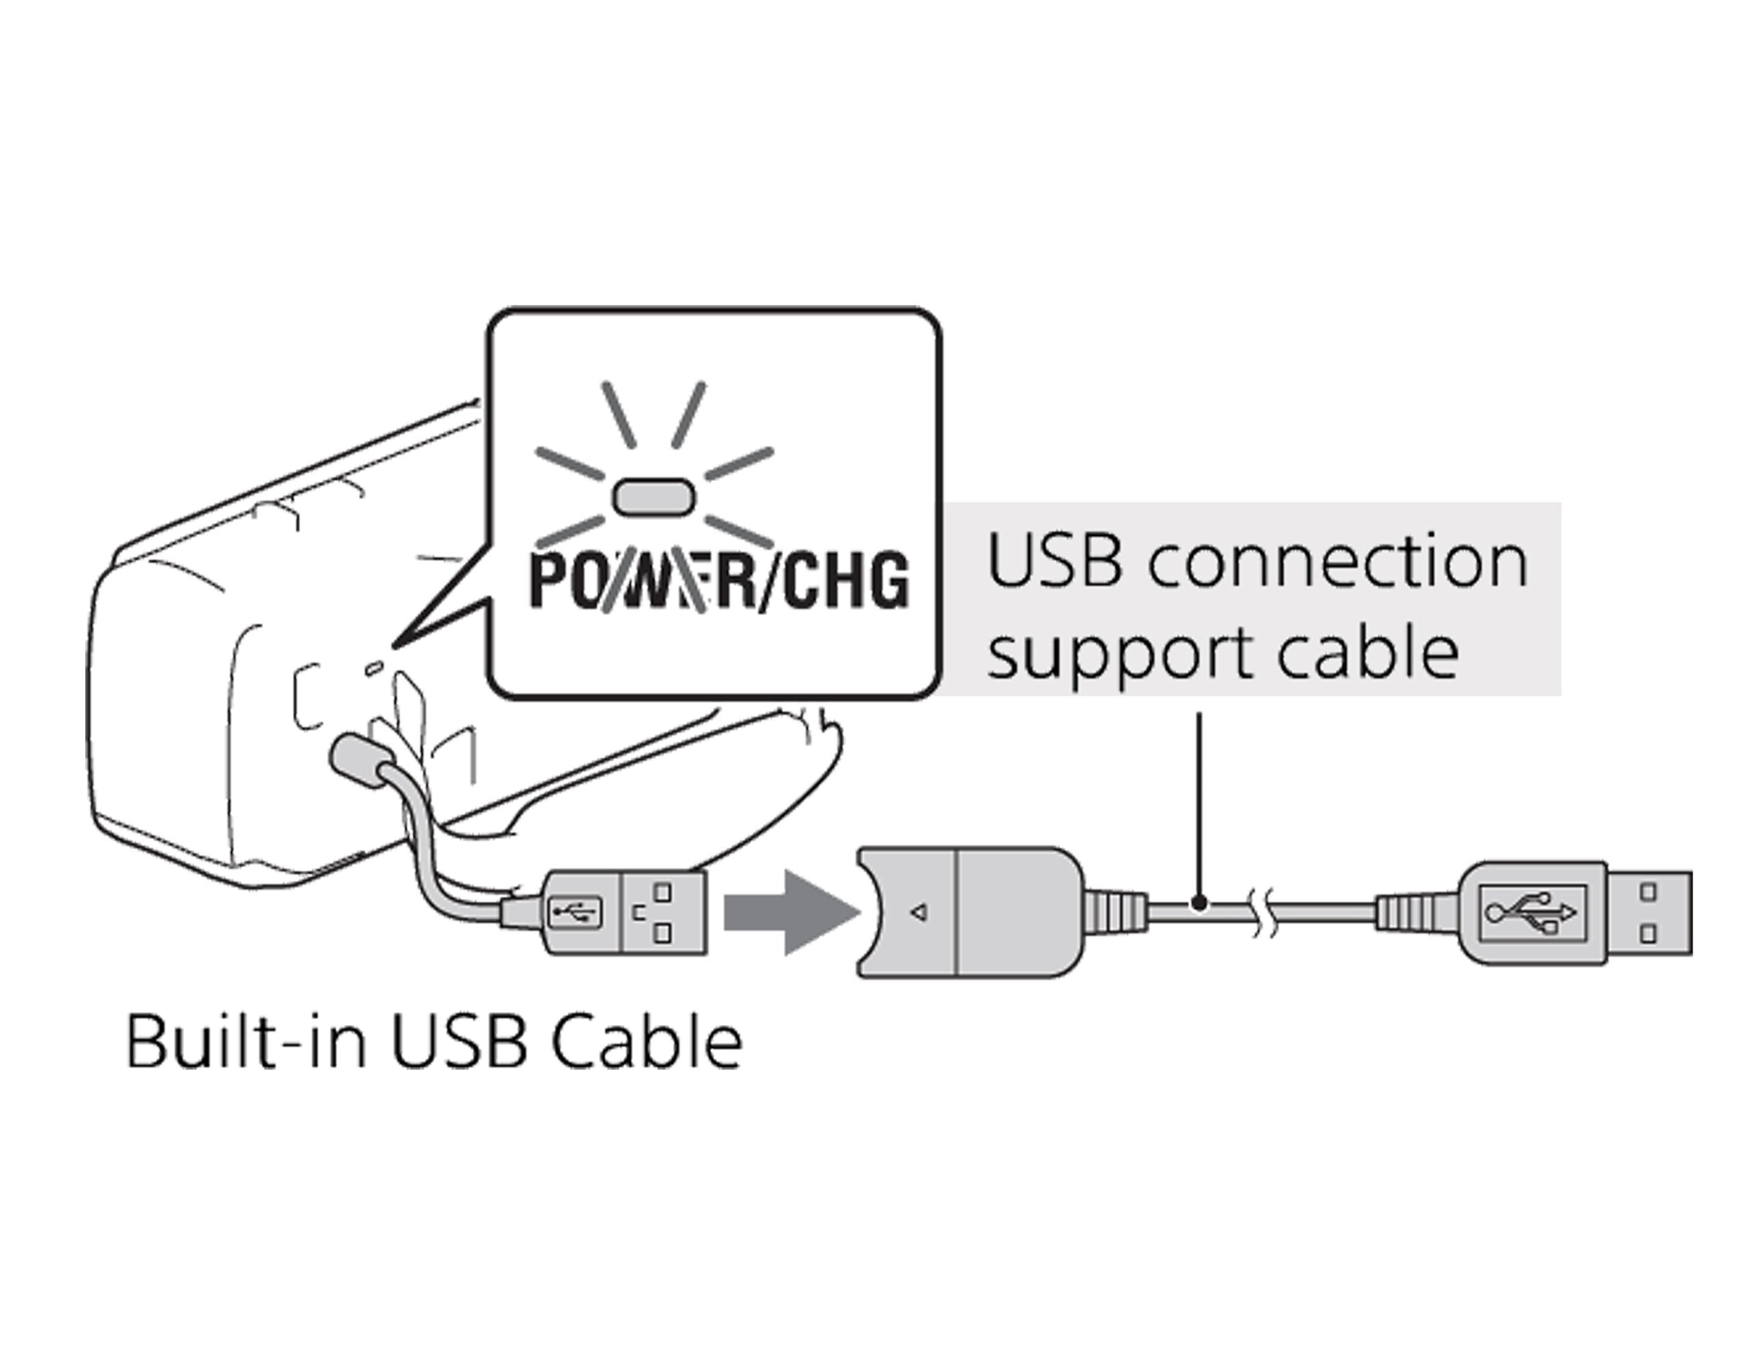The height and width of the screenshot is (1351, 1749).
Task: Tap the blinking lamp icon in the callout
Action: (653, 497)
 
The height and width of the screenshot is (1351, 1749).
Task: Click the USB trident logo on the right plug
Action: (1530, 913)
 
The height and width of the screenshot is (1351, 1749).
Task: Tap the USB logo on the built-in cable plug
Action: (574, 911)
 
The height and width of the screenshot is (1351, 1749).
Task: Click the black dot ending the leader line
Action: (1198, 904)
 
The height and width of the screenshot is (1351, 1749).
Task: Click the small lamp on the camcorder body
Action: (373, 667)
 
